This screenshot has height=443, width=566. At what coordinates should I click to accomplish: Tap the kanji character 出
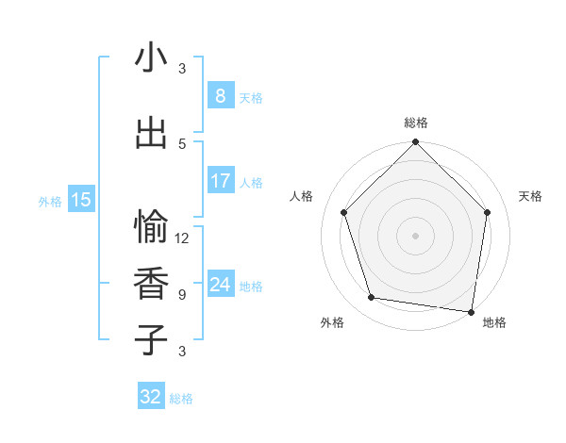click(x=151, y=133)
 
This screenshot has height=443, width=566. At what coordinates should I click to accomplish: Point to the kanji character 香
click(x=151, y=284)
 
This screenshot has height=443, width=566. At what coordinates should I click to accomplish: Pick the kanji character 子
click(x=151, y=339)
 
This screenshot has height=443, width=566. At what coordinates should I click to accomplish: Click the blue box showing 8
click(x=220, y=95)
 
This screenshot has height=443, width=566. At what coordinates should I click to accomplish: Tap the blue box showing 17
click(x=220, y=181)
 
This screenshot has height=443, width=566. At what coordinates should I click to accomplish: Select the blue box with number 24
click(x=220, y=285)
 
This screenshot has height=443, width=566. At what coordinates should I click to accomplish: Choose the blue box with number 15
click(x=81, y=200)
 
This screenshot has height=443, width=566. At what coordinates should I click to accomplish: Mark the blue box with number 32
click(x=151, y=397)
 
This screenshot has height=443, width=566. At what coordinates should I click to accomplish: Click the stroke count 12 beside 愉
click(x=182, y=238)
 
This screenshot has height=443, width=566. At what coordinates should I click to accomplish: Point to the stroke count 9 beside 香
click(x=182, y=294)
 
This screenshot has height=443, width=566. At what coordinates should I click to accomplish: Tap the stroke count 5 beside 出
click(x=182, y=143)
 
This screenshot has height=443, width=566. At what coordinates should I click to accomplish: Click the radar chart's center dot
click(x=415, y=235)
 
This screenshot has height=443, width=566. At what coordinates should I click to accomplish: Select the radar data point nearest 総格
click(x=415, y=143)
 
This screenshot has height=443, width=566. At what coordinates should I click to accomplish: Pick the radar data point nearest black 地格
click(x=472, y=311)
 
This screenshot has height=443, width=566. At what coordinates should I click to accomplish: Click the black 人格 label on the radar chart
click(x=301, y=196)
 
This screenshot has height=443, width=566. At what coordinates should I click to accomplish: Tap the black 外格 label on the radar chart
click(x=332, y=322)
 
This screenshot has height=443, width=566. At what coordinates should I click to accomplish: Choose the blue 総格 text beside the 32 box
click(x=181, y=399)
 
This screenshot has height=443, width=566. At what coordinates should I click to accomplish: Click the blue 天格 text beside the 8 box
click(x=250, y=97)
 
